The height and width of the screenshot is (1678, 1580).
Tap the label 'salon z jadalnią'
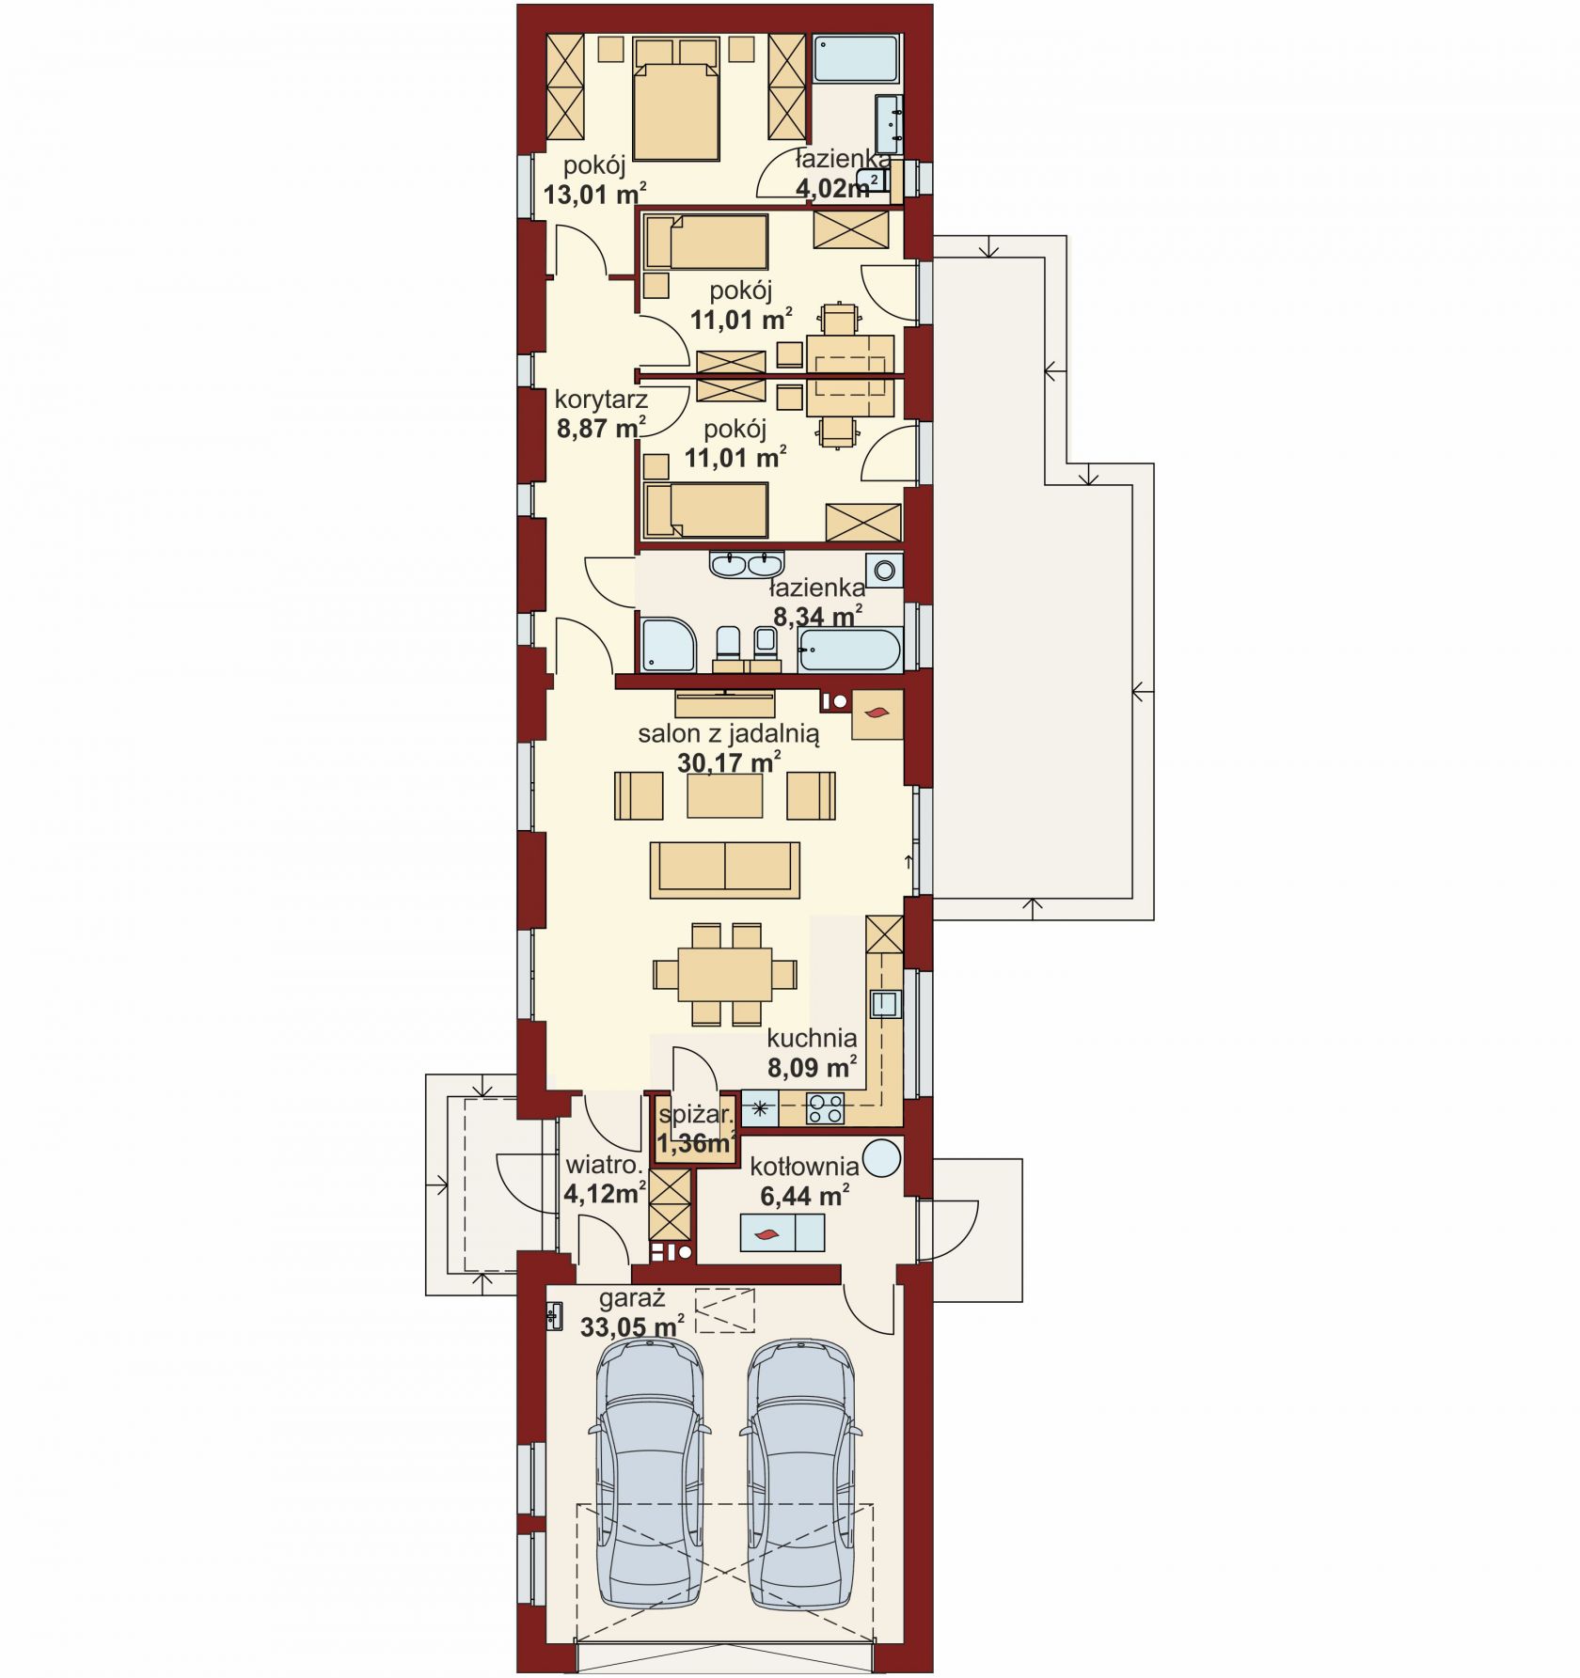click(728, 733)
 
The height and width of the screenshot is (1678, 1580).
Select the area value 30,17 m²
click(730, 762)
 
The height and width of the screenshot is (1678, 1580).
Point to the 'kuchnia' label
click(812, 1038)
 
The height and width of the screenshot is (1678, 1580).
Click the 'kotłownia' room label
click(804, 1167)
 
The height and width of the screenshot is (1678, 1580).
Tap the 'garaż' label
click(632, 1299)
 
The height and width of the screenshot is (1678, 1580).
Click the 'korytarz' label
click(601, 400)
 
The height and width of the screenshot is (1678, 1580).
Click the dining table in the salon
click(725, 974)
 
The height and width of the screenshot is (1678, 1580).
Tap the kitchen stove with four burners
click(826, 1109)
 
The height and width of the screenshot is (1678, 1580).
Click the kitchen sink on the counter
click(884, 1005)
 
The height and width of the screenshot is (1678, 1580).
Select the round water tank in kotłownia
click(881, 1158)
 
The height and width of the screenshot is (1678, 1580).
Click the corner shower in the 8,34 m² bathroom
click(668, 645)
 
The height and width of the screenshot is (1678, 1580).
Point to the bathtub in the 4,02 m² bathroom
click(857, 58)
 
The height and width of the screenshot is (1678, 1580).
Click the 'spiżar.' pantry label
click(696, 1115)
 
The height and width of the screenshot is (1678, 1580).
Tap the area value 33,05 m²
click(632, 1327)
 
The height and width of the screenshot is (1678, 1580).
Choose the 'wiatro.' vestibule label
click(603, 1166)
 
